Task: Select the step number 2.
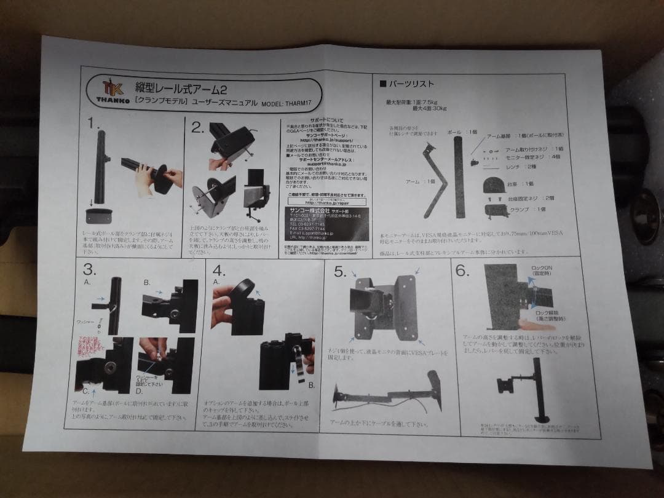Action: click(x=197, y=128)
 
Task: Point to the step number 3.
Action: click(x=90, y=270)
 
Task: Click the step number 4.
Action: click(x=219, y=271)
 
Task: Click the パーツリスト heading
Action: click(x=410, y=84)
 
